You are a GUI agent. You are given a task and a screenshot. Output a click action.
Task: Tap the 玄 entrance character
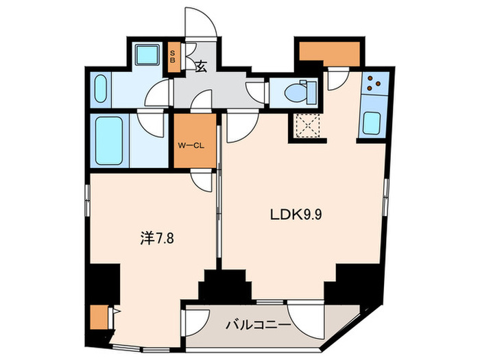(201, 67)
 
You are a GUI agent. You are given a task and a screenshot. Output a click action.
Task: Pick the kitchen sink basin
(372, 122)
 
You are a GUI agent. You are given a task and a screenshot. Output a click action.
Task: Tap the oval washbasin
(98, 89)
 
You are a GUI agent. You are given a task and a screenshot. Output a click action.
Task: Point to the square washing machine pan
(145, 57)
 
